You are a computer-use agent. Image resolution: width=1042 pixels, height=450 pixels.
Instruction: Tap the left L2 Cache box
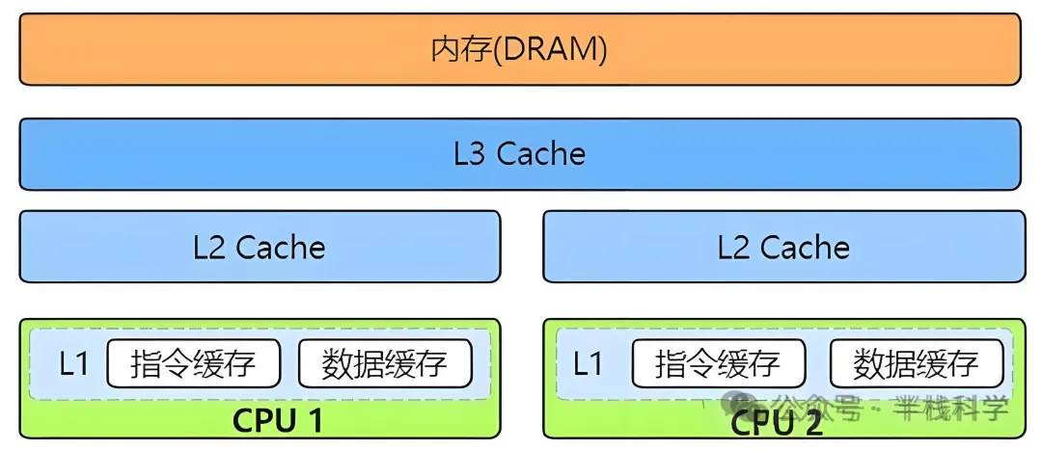point(260,247)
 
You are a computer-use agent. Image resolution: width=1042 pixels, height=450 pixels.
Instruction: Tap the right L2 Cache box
point(782,247)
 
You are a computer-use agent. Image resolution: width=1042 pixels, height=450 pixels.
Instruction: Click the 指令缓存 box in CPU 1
point(193,364)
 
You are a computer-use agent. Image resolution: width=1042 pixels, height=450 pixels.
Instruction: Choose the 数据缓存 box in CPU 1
point(385,364)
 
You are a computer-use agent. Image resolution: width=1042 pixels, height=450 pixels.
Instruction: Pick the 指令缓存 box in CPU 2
point(718,364)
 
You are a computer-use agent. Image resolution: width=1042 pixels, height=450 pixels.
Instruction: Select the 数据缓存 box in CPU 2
point(916,364)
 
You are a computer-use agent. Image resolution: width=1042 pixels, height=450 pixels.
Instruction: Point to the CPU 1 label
point(278,421)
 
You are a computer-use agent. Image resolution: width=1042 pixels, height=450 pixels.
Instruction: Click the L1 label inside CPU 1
point(74,364)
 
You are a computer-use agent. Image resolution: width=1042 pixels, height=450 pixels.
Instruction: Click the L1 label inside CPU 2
point(589,364)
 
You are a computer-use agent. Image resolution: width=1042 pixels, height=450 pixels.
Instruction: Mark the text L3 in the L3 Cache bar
point(469,154)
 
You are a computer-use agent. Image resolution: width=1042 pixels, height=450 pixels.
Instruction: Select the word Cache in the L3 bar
point(541,154)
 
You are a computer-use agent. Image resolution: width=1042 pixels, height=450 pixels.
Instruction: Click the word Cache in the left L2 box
point(281,248)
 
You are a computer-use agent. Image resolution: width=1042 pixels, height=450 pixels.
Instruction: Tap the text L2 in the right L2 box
point(733,248)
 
